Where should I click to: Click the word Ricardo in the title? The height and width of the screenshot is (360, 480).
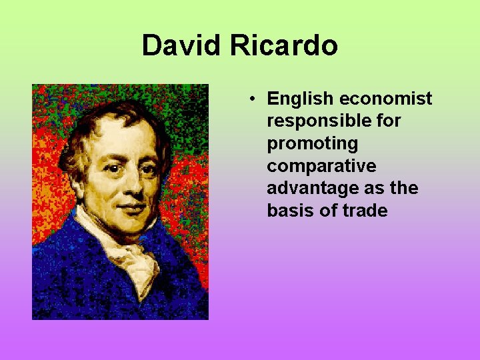(x=285, y=46)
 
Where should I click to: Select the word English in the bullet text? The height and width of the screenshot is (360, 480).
(x=300, y=99)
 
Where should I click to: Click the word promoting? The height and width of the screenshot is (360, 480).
(x=312, y=144)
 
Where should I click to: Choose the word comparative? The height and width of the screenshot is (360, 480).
(x=321, y=166)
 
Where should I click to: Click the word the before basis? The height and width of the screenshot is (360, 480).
(x=404, y=189)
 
